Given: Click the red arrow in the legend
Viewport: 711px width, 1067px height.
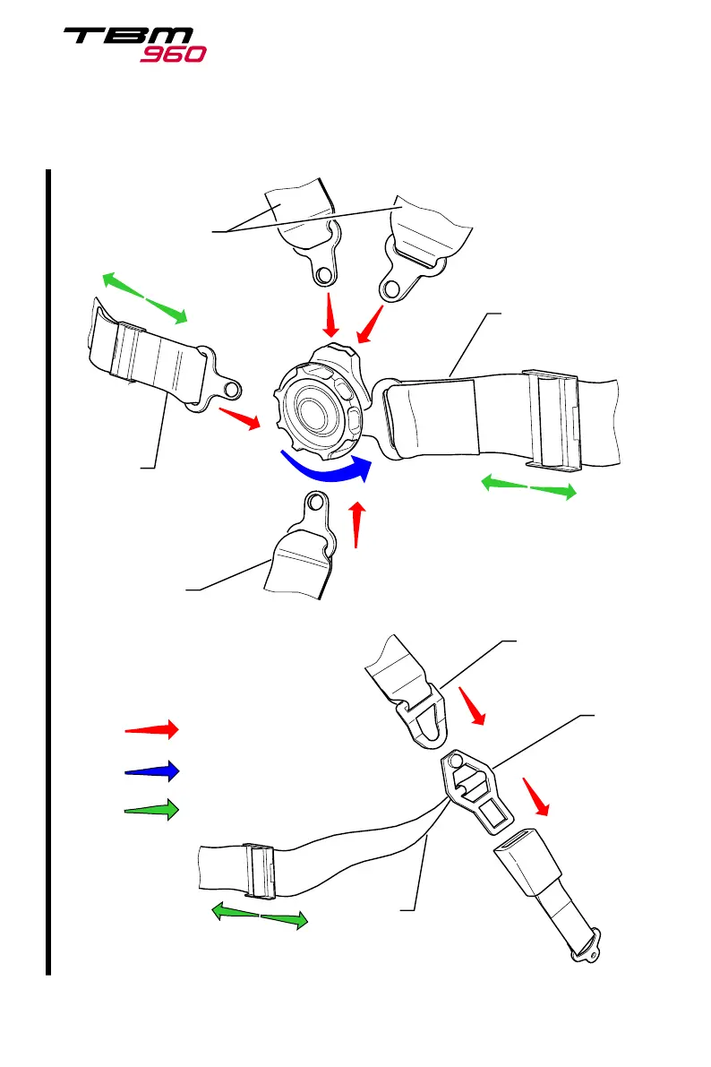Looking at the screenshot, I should coord(152,728).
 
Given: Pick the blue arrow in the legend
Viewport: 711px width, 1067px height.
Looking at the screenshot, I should coord(152,770).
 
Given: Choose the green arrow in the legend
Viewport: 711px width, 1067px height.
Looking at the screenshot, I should coord(152,809).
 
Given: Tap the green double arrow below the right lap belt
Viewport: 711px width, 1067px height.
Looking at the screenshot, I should coord(529,488).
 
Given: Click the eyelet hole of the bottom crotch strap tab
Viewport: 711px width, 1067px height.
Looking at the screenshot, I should coord(315,503).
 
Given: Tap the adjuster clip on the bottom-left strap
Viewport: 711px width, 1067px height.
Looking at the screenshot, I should coord(258,871).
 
